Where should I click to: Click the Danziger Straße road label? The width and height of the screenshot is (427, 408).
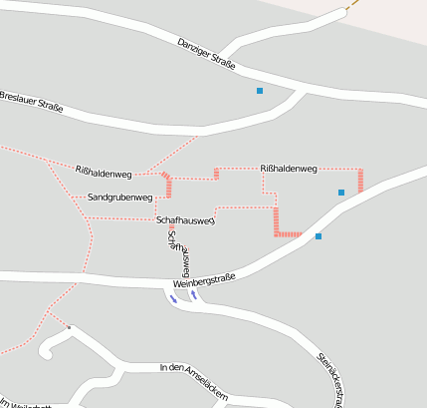206,56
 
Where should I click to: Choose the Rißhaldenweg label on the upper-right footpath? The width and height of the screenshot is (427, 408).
288,169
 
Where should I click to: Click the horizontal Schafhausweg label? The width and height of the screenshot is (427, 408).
185,219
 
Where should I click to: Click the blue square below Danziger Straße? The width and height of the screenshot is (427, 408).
260,91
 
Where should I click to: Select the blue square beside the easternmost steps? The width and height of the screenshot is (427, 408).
341,192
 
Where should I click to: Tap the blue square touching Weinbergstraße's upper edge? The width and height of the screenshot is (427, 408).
319,236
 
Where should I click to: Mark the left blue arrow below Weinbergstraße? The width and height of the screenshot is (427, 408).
173,298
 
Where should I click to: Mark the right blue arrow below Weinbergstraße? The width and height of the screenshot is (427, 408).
195,295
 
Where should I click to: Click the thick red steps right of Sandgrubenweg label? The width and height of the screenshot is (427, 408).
167,186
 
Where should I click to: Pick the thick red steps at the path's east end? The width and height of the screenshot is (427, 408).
360,180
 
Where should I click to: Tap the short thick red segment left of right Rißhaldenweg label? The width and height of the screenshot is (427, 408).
216,174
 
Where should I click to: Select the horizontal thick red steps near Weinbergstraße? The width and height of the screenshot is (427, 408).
288,234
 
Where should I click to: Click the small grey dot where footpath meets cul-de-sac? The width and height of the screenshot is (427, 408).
69,327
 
